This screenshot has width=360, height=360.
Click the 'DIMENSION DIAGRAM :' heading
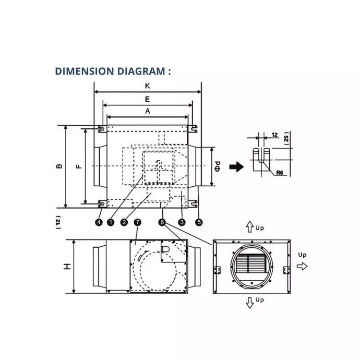tap(113, 71)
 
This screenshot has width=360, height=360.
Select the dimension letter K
tap(148, 85)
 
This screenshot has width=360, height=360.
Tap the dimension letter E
tap(148, 98)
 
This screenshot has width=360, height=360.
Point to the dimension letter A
tap(148, 111)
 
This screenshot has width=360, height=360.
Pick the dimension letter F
tap(78, 166)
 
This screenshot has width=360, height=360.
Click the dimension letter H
tap(67, 267)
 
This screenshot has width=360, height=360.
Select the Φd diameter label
tap(220, 166)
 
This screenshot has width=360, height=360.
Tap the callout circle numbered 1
tap(111, 222)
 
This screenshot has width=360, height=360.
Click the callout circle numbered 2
tap(124, 222)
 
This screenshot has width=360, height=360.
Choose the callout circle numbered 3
tap(182, 222)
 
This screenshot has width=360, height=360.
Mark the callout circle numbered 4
tap(99, 222)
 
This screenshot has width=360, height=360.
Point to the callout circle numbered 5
tap(199, 222)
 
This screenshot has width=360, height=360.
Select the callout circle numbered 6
tap(162, 222)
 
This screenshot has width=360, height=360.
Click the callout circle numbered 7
tap(137, 222)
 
